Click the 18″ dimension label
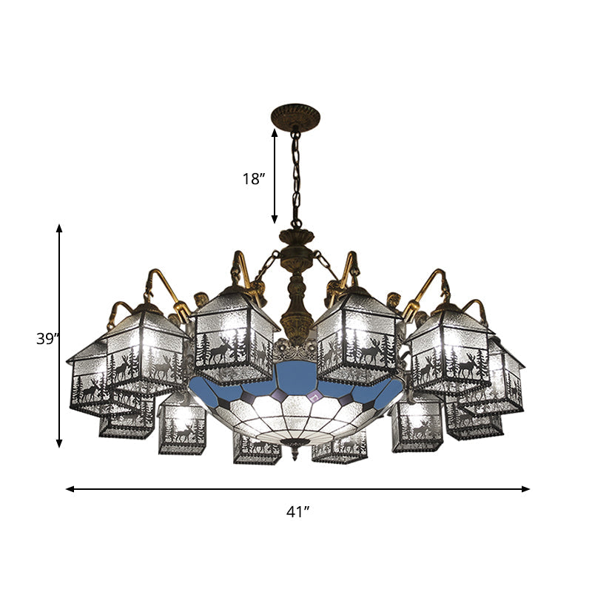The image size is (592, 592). pos(253,178)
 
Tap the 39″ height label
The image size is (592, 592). pos(47,339)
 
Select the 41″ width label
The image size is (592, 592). pos(297,511)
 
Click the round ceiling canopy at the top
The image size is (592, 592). pos(295,116)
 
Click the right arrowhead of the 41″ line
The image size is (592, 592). pos(526,489)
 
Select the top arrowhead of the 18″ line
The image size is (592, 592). pos(275,132)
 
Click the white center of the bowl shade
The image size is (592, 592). pos(296,414)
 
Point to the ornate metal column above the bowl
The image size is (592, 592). pos(295,289)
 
